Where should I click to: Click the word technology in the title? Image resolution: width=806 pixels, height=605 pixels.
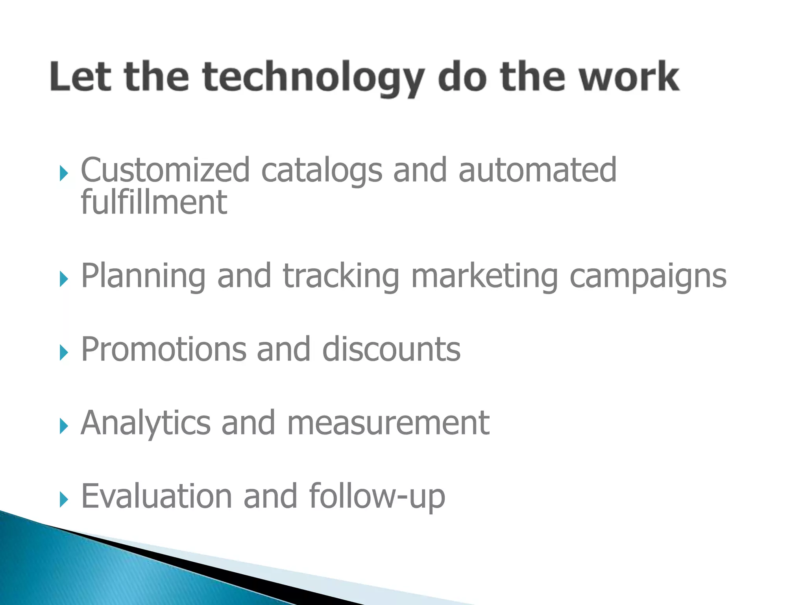click(313, 77)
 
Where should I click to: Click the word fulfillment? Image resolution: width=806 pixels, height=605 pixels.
click(154, 202)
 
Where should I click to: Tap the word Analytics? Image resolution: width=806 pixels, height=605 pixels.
click(146, 423)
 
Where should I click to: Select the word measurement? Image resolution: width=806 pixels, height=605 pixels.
click(388, 423)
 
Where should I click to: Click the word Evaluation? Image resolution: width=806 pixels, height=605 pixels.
click(156, 496)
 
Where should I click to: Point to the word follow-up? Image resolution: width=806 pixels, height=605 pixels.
click(377, 496)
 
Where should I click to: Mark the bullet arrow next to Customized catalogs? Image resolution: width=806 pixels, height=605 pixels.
click(64, 173)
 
